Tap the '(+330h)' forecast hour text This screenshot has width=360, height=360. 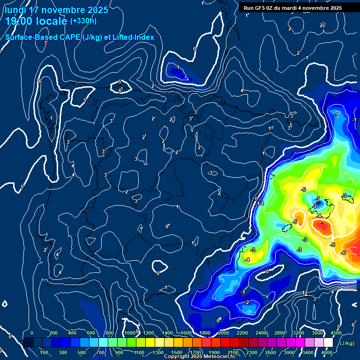(x=83, y=21)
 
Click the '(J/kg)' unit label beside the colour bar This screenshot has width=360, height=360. (x=347, y=344)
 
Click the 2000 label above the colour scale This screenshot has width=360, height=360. (x=223, y=333)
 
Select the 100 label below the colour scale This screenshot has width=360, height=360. (x=45, y=352)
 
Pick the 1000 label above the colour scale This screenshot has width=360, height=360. (x=130, y=333)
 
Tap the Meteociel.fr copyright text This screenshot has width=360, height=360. (x=199, y=357)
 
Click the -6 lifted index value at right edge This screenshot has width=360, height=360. (x=343, y=253)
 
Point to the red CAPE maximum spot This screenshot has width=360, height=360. (x=322, y=225)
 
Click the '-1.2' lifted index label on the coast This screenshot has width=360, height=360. (x=259, y=203)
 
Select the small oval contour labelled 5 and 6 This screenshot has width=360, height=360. (x=120, y=87)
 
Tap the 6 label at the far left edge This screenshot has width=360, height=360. (x=39, y=81)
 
